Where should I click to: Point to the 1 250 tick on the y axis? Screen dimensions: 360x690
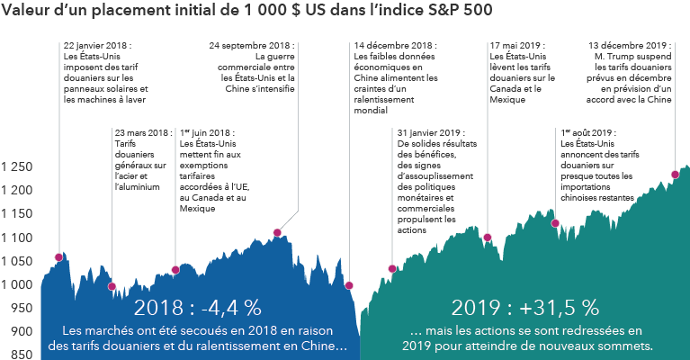click(18, 167)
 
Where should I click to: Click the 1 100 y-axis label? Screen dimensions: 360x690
click(18, 238)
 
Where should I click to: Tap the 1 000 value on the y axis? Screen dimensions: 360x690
click(18, 284)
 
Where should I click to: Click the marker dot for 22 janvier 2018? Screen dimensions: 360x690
click(59, 257)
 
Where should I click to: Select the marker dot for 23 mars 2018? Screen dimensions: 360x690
click(112, 286)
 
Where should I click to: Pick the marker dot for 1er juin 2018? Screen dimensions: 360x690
click(175, 270)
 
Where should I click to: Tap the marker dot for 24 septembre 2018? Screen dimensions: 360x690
click(277, 233)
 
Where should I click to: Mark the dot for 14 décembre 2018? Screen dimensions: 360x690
click(349, 285)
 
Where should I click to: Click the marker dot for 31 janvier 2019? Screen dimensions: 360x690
click(392, 268)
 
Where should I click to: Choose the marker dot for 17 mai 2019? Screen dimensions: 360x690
click(488, 238)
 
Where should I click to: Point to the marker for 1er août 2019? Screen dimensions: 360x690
click(555, 223)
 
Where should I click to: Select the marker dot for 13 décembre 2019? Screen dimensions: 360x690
click(675, 175)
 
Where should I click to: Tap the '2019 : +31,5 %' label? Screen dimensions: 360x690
click(525, 307)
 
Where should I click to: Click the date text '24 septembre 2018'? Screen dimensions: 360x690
click(251, 45)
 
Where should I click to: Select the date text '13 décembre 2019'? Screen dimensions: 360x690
click(630, 45)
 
